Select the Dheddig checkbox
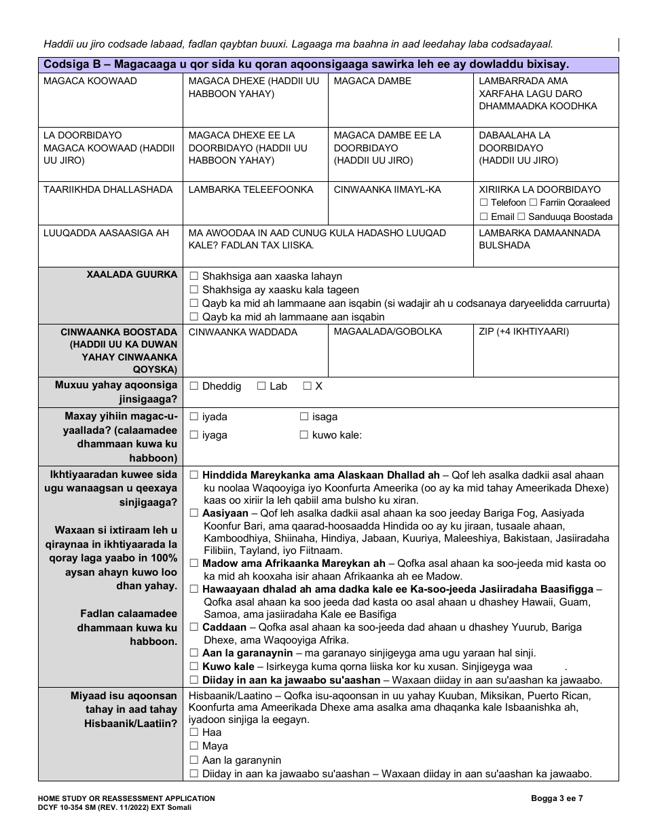(193, 386)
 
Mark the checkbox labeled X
(307, 386)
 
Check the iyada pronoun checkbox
(193, 417)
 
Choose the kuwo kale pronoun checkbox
(303, 435)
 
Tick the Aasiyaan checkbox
(194, 513)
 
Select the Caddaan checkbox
(194, 627)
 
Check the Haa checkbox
(193, 732)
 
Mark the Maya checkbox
(193, 746)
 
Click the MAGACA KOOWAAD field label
(90, 81)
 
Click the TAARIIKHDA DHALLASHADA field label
(108, 190)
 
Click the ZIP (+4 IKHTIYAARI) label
(523, 332)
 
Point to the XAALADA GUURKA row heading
(132, 275)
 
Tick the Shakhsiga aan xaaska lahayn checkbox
(193, 276)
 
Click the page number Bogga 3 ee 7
(557, 799)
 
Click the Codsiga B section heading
(306, 64)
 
